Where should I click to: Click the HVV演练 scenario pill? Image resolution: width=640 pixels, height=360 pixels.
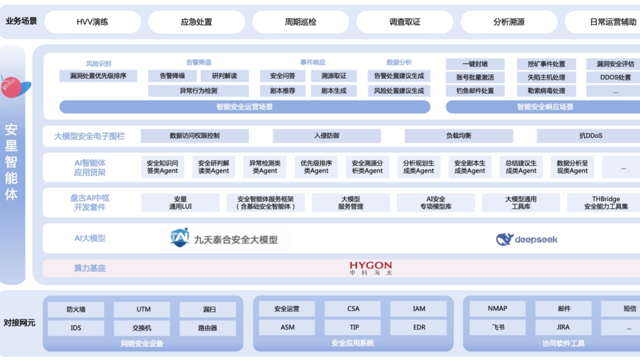[92, 22]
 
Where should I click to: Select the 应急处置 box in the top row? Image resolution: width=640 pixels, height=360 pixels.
[196, 22]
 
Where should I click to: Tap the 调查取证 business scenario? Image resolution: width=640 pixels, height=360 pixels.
[404, 22]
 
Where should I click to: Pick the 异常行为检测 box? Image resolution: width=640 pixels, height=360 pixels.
[198, 91]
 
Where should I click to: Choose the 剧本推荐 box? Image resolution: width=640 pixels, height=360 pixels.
[282, 91]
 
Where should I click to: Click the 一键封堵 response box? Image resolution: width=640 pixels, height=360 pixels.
[475, 64]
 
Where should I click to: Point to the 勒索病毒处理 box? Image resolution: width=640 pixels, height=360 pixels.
[546, 91]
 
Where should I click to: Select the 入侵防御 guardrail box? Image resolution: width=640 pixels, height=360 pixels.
[326, 135]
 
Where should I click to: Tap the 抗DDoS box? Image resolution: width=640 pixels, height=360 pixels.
[590, 135]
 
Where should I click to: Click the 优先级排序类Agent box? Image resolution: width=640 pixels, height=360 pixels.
[316, 167]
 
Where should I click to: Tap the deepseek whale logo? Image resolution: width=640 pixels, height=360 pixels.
[505, 239]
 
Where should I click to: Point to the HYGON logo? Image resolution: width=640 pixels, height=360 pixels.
[370, 267]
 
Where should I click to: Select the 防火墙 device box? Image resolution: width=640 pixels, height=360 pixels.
[76, 309]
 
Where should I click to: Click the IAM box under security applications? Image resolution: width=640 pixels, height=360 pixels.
[419, 309]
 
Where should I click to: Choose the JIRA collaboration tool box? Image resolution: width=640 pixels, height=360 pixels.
[563, 327]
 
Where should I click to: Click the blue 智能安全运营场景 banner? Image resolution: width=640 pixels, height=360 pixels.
[244, 107]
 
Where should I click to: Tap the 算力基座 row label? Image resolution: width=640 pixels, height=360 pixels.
[90, 268]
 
